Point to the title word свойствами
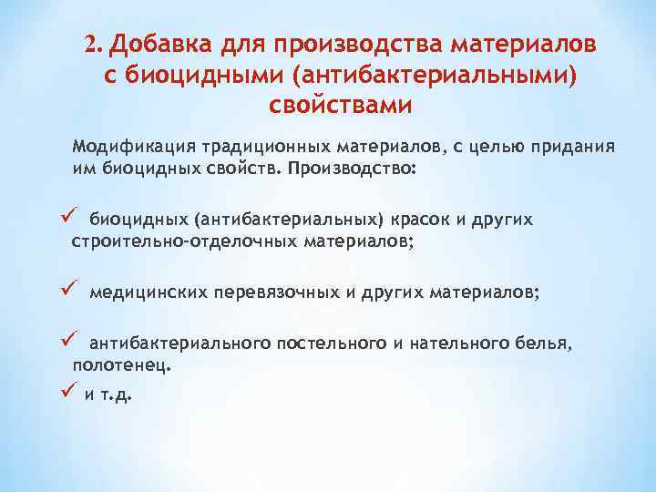click(x=341, y=104)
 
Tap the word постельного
click(x=325, y=343)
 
